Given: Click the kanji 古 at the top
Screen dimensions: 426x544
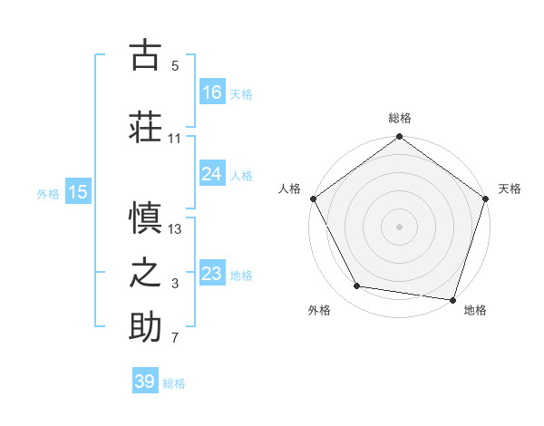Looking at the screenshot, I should point(145,55).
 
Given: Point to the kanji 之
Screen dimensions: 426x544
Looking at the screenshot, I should point(145,273).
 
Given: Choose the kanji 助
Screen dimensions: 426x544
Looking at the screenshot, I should point(145,327).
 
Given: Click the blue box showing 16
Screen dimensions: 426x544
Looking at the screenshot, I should point(212,92).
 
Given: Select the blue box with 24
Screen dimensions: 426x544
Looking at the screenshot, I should point(212,174).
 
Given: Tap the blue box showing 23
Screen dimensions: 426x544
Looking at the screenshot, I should point(212,274).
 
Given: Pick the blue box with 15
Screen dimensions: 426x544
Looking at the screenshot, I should point(78,192).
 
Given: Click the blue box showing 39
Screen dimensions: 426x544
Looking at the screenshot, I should point(145,382).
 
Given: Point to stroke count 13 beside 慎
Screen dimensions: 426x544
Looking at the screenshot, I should point(176,229).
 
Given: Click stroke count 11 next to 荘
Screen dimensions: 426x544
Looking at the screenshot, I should point(175,139).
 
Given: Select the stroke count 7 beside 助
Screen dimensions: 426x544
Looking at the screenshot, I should point(175,339).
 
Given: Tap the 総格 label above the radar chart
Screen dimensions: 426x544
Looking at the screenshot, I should point(399,118).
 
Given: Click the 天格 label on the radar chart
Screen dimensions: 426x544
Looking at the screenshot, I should point(510,189).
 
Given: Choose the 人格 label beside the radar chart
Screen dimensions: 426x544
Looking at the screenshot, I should point(289,189).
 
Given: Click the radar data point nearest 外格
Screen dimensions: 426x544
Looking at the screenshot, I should point(357,286).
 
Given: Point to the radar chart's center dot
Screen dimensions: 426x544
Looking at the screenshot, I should point(399,226).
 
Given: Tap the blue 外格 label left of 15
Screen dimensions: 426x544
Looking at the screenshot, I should point(48,193).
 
